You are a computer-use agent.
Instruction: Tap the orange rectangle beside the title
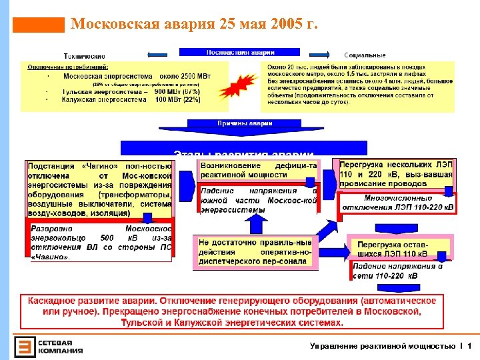pyautogui.click(x=39, y=25)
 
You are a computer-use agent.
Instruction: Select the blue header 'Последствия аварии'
pyautogui.click(x=240, y=52)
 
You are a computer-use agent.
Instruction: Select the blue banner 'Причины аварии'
pyautogui.click(x=235, y=123)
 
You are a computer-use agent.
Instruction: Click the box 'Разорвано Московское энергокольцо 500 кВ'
pyautogui.click(x=100, y=242)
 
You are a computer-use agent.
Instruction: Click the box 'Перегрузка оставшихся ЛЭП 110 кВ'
pyautogui.click(x=396, y=248)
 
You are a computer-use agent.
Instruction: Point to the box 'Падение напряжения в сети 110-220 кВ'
pyautogui.click(x=396, y=271)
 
